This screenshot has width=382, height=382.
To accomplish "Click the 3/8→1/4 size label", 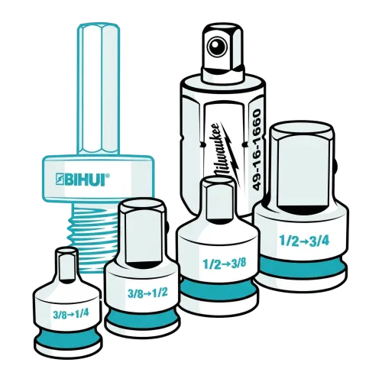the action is (71, 314).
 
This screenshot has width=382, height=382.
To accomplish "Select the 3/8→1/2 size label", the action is (147, 293).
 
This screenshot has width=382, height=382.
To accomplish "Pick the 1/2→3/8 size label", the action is (225, 264).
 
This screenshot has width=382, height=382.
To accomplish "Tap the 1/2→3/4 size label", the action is (304, 240).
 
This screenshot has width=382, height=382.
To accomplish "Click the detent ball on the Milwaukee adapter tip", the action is (217, 47).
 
